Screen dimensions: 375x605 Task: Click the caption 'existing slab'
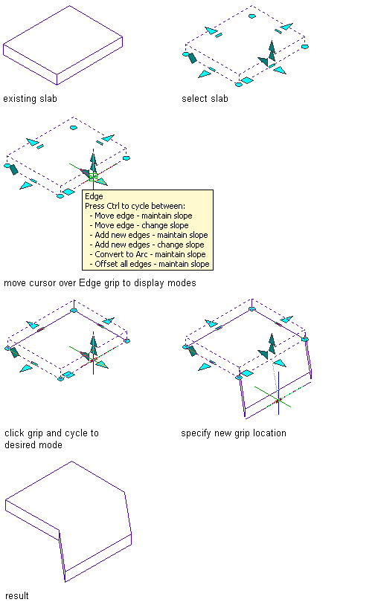pyautogui.click(x=30, y=99)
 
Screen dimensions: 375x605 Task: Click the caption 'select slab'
pyautogui.click(x=205, y=99)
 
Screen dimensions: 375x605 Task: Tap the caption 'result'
pyautogui.click(x=17, y=596)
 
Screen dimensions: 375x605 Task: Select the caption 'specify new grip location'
pyautogui.click(x=234, y=433)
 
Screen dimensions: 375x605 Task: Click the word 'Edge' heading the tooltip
pyautogui.click(x=94, y=196)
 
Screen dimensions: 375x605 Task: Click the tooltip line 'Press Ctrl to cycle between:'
pyautogui.click(x=135, y=206)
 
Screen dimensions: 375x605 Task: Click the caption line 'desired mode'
pyautogui.click(x=33, y=445)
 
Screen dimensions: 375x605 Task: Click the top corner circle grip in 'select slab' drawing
pyautogui.click(x=251, y=16)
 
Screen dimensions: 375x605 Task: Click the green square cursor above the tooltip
pyautogui.click(x=93, y=177)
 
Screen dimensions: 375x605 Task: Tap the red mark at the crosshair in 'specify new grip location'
pyautogui.click(x=278, y=401)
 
